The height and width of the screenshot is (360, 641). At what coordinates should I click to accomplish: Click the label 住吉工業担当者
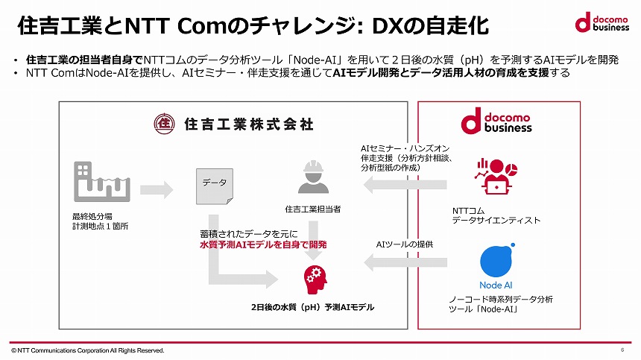click(313, 209)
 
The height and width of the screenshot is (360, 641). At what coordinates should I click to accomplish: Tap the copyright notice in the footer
click(87, 350)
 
